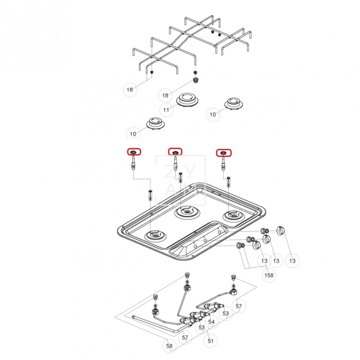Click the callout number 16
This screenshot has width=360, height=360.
point(130,90)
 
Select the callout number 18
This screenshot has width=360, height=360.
point(165,95)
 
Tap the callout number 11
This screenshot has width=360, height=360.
point(166,110)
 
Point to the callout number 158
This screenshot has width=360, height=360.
point(269,274)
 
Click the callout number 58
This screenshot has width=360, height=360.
point(169,346)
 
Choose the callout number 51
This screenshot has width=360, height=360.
point(211,341)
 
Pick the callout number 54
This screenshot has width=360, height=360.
point(211,322)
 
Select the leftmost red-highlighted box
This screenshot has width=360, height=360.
point(134,152)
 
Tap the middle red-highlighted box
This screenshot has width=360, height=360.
point(175,152)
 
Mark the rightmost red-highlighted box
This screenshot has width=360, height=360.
point(223,153)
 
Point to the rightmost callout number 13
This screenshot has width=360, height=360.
point(292,261)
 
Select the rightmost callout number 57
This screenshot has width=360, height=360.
point(238,306)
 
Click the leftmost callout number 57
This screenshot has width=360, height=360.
point(185,337)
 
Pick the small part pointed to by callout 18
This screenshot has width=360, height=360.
point(196,80)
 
